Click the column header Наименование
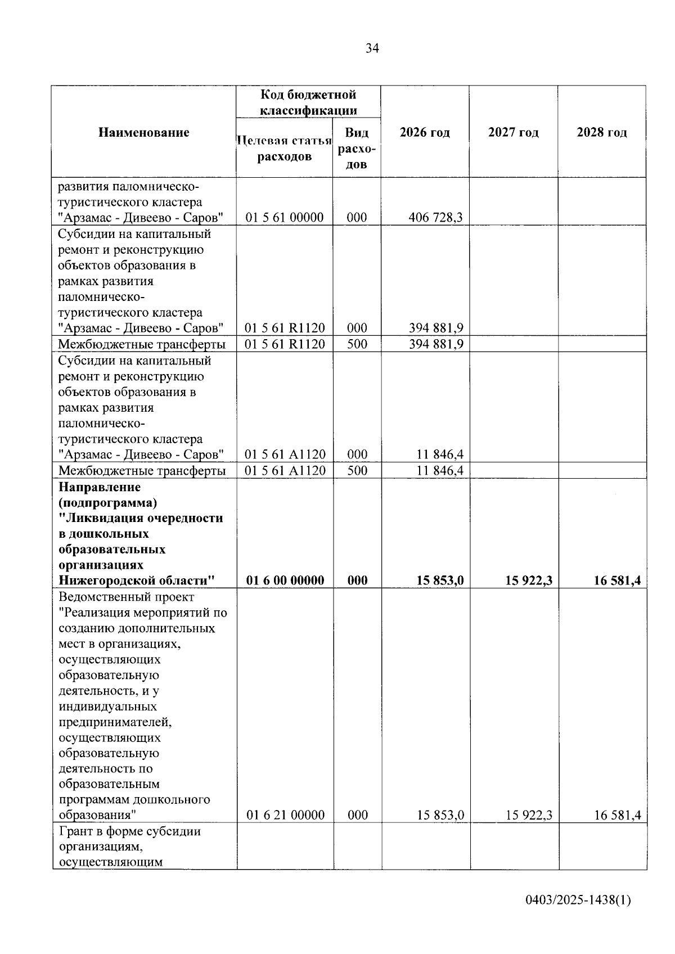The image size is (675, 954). [144, 133]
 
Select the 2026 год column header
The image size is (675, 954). [425, 133]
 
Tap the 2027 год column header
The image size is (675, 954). [513, 133]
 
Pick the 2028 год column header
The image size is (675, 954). [601, 133]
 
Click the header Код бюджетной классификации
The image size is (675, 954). [308, 102]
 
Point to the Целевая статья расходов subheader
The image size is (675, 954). [285, 148]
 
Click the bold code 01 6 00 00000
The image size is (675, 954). [285, 580]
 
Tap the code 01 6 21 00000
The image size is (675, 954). [285, 815]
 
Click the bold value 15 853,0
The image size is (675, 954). [440, 580]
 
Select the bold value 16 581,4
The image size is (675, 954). [617, 580]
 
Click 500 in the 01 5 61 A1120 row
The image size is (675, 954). [357, 470]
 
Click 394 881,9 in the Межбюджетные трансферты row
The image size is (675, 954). [435, 344]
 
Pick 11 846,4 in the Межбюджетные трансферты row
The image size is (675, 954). [440, 470]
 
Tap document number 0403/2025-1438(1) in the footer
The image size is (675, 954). [578, 901]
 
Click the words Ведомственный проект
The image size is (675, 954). [126, 597]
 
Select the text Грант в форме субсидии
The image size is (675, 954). [129, 831]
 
